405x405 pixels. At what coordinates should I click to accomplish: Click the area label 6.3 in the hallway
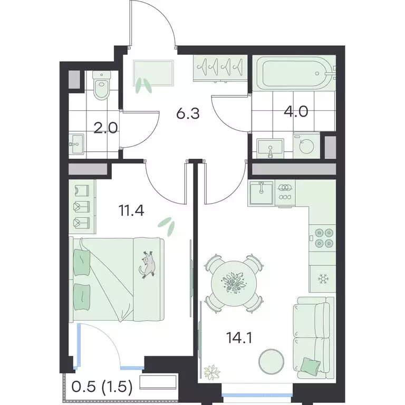pyautogui.click(x=187, y=114)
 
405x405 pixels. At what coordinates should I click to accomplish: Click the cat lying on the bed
pyautogui.click(x=148, y=264)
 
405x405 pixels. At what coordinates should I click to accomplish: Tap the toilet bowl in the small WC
pyautogui.click(x=100, y=87)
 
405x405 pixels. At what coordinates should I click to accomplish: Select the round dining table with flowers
pyautogui.click(x=232, y=284)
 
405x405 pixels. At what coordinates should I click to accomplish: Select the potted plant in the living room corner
pyautogui.click(x=214, y=371)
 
